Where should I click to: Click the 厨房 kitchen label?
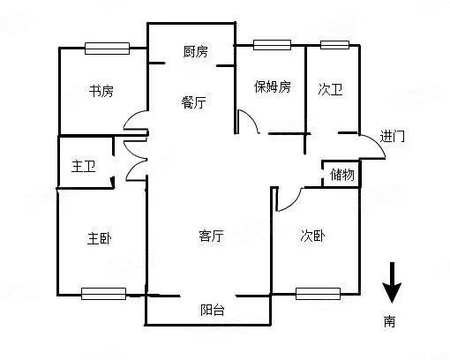[195, 51]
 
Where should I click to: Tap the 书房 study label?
[101, 91]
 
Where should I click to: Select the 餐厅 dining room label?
[193, 102]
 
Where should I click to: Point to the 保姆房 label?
[273, 86]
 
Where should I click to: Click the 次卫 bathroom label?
[330, 89]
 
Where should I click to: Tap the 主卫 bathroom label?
[83, 166]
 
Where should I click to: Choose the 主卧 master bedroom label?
[100, 238]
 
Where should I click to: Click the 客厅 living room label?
[211, 236]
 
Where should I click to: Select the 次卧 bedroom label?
[312, 236]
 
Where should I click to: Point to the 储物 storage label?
[342, 175]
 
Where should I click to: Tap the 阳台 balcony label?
[213, 310]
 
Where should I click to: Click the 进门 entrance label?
[392, 136]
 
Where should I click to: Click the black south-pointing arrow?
[392, 282]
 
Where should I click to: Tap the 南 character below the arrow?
[389, 321]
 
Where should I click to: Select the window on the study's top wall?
[107, 49]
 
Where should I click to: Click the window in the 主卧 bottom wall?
[103, 294]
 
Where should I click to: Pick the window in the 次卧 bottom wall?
[318, 294]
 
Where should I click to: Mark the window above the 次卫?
[334, 45]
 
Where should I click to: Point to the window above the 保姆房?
[272, 45]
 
